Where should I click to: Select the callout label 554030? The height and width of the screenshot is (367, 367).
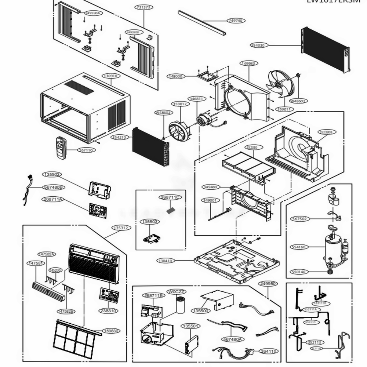(259, 45)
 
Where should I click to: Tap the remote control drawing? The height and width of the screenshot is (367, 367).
(61, 148)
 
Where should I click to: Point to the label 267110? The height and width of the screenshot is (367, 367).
(86, 150)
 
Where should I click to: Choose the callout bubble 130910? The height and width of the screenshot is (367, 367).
(110, 76)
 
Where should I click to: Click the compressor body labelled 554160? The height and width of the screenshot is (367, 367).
(333, 248)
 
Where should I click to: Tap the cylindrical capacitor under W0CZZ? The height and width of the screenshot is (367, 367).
(181, 305)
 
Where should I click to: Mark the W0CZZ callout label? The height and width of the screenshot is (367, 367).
(177, 291)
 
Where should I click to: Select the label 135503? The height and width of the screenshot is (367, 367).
(150, 222)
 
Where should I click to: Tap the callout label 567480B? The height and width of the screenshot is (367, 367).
(54, 187)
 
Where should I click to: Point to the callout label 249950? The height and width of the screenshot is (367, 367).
(268, 284)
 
